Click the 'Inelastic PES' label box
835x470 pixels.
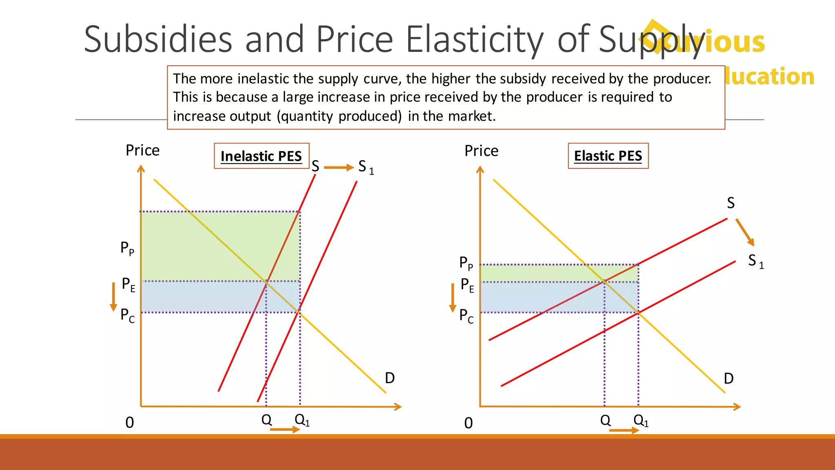(x=261, y=156)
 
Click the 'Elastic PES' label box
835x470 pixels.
(x=608, y=156)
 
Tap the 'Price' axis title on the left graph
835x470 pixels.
(x=142, y=151)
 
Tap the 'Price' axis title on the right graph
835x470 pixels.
(x=481, y=151)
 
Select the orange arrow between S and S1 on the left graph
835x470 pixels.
(x=338, y=167)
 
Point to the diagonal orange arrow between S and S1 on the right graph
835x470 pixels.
(x=745, y=232)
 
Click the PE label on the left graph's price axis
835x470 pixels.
(x=128, y=284)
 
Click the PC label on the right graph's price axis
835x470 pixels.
(x=466, y=316)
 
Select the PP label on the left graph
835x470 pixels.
(x=127, y=248)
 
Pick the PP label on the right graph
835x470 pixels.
(x=466, y=263)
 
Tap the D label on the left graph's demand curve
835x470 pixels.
(x=390, y=378)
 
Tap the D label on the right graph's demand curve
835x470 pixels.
(x=729, y=379)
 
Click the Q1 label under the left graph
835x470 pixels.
(x=302, y=419)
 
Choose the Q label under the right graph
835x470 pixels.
(x=605, y=420)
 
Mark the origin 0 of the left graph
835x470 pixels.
(x=130, y=423)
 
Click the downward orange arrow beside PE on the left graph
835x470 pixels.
(x=114, y=297)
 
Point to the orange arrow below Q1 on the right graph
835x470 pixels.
(x=624, y=430)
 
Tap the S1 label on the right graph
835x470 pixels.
(x=755, y=261)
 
